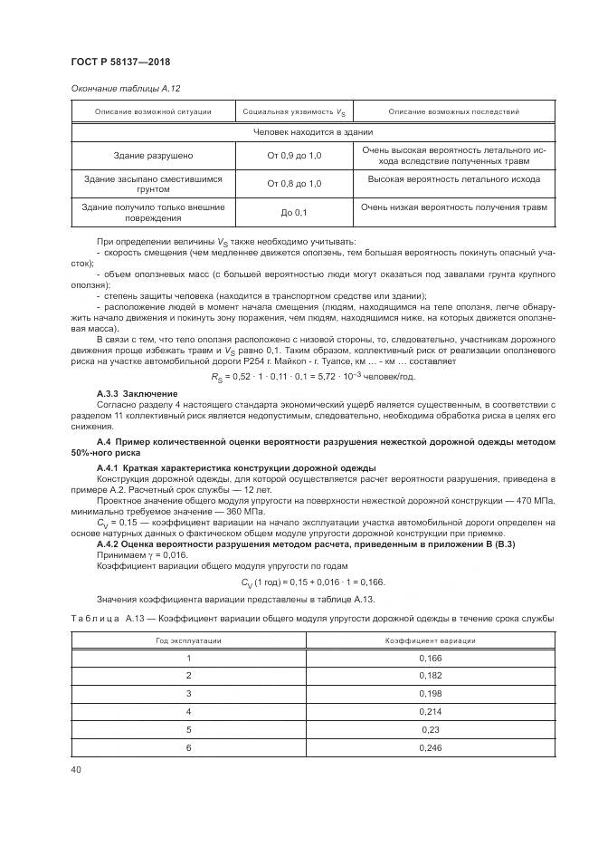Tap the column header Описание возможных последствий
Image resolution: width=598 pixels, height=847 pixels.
[x=453, y=112]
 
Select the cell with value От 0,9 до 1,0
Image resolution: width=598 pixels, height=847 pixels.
[x=294, y=156]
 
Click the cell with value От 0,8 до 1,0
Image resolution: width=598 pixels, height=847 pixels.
[x=294, y=184]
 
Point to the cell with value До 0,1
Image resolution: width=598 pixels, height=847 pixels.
[x=294, y=213]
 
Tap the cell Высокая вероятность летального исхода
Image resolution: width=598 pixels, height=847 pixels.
[x=453, y=179]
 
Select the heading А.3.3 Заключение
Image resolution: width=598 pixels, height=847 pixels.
[x=125, y=393]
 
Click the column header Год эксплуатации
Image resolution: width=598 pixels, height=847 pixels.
[x=189, y=640]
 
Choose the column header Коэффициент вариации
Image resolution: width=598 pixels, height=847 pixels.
[x=430, y=640]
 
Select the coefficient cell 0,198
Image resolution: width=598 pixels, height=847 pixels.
[x=430, y=693]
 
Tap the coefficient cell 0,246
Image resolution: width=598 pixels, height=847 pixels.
[x=430, y=747]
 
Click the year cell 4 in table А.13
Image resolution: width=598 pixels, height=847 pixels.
[x=189, y=711]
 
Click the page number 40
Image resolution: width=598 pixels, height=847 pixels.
[x=76, y=769]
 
